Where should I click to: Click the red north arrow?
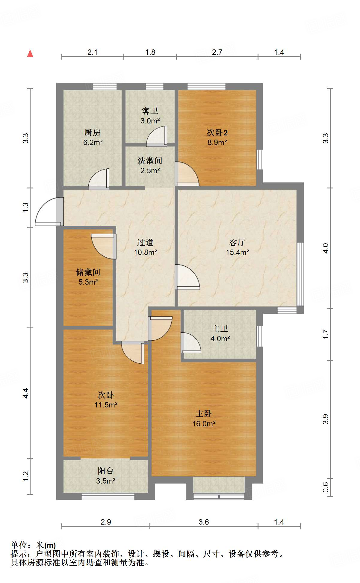(30, 53)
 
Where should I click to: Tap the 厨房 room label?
(92, 132)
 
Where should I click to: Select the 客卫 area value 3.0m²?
(150, 121)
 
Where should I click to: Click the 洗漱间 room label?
(150, 161)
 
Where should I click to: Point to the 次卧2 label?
(217, 132)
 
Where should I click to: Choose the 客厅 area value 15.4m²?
(237, 252)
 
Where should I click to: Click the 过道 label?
(145, 242)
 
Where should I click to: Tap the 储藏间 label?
(88, 272)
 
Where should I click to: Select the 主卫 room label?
(220, 329)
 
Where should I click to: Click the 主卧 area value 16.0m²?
(204, 424)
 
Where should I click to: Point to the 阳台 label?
(106, 471)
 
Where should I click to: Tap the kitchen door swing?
(99, 179)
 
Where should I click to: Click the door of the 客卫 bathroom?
(157, 136)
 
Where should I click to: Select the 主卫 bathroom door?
(191, 342)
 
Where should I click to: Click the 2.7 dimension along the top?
(217, 52)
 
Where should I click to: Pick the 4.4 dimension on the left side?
(26, 393)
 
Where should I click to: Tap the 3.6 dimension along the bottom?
(204, 522)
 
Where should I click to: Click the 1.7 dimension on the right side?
(326, 334)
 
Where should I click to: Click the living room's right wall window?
(300, 274)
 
